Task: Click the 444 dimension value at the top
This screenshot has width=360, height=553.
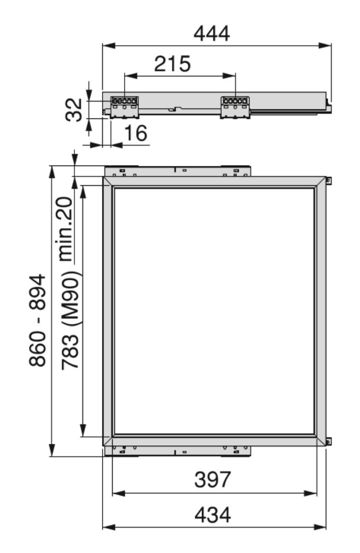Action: tap(212, 34)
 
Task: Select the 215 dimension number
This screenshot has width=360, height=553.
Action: tap(172, 64)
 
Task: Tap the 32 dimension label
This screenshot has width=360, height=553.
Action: tap(74, 109)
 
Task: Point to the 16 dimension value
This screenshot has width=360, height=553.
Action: tap(136, 133)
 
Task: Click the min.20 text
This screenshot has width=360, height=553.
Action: tap(65, 229)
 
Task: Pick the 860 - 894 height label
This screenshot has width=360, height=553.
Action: tap(37, 320)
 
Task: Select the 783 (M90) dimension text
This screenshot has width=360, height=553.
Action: tap(70, 320)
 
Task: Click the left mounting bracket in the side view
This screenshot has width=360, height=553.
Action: tap(124, 107)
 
